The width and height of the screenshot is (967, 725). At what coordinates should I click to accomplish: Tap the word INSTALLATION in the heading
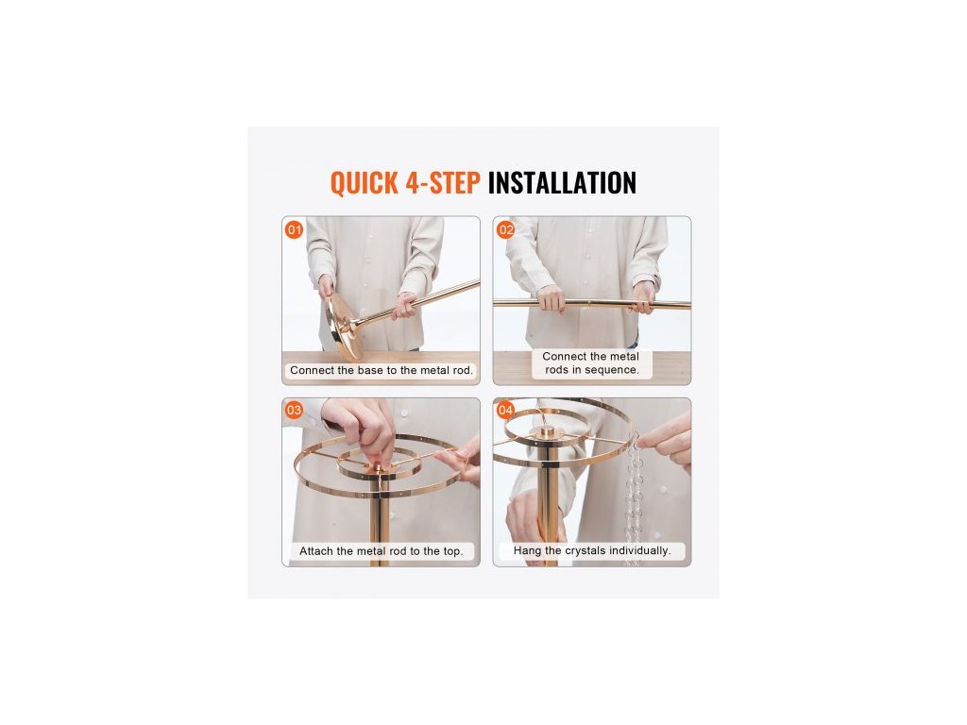coord(562,183)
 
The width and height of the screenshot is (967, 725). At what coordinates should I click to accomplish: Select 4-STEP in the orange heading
coord(443,183)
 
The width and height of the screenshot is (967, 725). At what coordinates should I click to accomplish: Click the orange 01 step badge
coord(295,230)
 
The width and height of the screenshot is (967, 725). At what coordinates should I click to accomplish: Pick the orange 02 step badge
coord(506,230)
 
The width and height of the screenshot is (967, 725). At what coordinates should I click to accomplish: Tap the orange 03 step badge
coord(295,410)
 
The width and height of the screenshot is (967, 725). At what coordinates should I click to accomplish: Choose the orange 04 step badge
coord(506,410)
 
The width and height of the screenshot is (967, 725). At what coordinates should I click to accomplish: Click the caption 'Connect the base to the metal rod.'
coord(382,370)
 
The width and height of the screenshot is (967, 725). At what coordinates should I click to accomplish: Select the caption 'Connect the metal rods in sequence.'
coord(591,363)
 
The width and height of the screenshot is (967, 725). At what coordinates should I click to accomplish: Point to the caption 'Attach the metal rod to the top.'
coord(382,551)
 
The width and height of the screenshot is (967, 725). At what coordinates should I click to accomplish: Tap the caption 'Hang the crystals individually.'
coord(592,550)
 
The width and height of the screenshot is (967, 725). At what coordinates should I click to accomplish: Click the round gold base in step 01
coord(344,325)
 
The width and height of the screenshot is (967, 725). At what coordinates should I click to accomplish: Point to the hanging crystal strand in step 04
coord(635,493)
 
